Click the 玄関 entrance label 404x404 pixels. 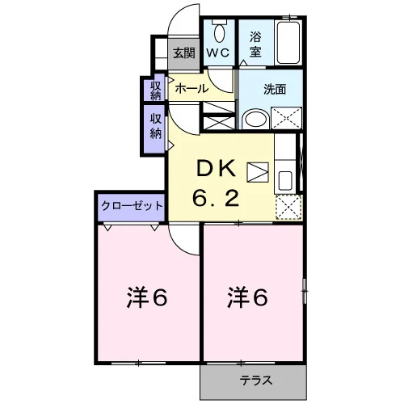point(184,53)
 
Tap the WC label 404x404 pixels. point(218,53)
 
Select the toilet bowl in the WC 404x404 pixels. point(220,31)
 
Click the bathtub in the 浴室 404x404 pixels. point(288,43)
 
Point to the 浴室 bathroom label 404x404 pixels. point(255,44)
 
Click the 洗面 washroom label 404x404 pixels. point(275,89)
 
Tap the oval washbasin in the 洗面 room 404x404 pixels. point(255,119)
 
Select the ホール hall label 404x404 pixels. point(191,88)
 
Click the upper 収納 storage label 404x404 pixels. point(155,90)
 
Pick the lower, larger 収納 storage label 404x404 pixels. point(156,126)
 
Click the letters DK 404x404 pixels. point(216,169)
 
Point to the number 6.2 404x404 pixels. point(216,198)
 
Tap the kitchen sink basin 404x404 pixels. point(285,181)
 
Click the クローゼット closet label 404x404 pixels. point(132,206)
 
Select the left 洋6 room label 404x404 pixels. point(147,297)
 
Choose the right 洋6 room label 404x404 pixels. point(248,297)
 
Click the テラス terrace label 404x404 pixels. point(256,381)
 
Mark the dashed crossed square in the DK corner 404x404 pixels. point(288,207)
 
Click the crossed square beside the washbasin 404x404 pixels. point(286,118)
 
